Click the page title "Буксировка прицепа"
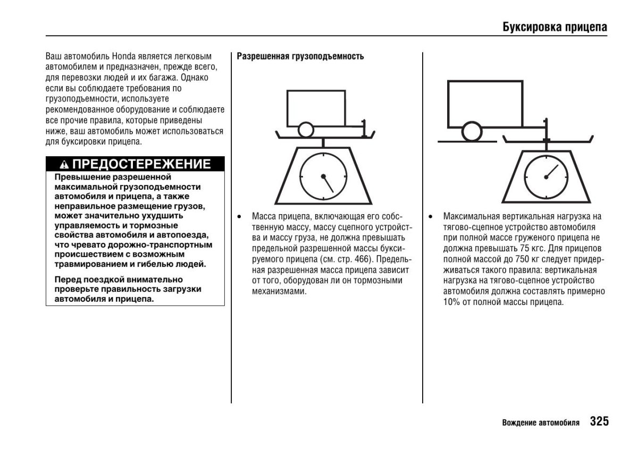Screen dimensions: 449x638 [x=555, y=27]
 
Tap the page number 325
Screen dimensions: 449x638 [x=599, y=422]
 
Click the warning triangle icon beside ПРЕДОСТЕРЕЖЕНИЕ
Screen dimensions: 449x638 [x=64, y=164]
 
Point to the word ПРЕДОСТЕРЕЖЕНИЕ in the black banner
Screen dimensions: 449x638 [x=141, y=164]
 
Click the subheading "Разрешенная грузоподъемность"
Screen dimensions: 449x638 [x=300, y=56]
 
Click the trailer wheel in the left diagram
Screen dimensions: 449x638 [x=305, y=130]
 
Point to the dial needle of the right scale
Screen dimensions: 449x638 [x=553, y=171]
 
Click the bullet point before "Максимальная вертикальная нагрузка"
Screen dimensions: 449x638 [x=431, y=217]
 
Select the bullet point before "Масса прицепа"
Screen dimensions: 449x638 [x=240, y=217]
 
